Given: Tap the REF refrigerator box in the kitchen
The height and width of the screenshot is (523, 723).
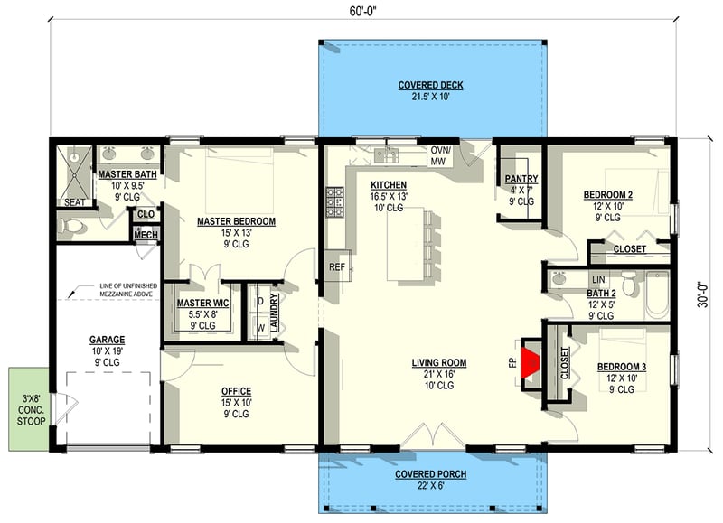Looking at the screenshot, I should (337, 266).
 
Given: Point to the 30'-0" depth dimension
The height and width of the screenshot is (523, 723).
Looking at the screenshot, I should (707, 293).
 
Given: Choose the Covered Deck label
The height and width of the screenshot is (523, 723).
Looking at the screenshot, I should (430, 86).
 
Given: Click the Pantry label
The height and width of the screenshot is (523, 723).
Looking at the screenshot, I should (521, 179).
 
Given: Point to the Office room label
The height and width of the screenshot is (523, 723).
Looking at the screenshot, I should (237, 391).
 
